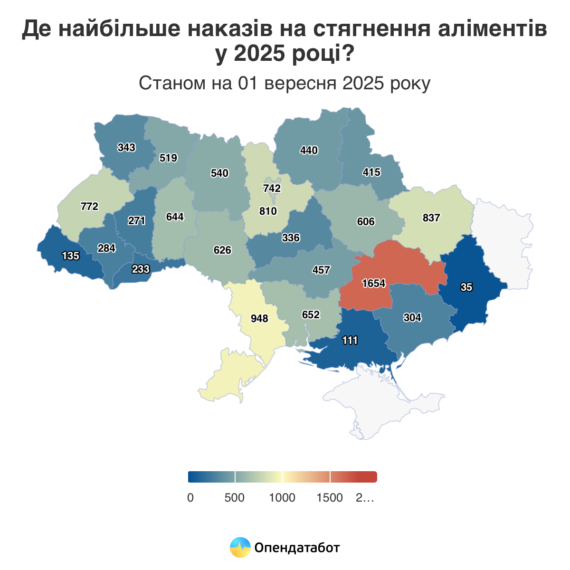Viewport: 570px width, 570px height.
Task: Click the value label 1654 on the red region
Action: (x=373, y=284)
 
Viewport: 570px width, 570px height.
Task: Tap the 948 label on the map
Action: (x=259, y=318)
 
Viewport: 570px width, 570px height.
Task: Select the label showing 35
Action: (x=466, y=287)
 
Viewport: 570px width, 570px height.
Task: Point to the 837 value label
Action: (x=431, y=218)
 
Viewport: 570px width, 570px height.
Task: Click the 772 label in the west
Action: (x=89, y=206)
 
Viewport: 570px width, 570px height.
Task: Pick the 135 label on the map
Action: (x=70, y=256)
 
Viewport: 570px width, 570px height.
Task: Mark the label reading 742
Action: (x=272, y=188)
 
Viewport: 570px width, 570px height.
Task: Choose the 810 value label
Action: (x=268, y=211)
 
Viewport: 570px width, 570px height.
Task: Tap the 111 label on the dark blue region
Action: (x=350, y=340)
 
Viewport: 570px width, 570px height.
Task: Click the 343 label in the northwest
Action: (x=126, y=147)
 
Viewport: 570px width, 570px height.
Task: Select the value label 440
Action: (x=309, y=150)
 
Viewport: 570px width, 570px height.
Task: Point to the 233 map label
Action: (x=141, y=269)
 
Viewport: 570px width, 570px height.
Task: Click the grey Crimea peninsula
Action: (x=380, y=404)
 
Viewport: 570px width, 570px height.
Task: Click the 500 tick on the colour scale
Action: (x=234, y=498)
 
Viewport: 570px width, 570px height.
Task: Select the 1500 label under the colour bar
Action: (x=330, y=498)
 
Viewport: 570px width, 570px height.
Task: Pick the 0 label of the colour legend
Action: (x=190, y=498)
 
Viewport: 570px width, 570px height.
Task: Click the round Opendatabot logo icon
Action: (x=240, y=547)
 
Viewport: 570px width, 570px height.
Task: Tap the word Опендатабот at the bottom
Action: (x=297, y=548)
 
